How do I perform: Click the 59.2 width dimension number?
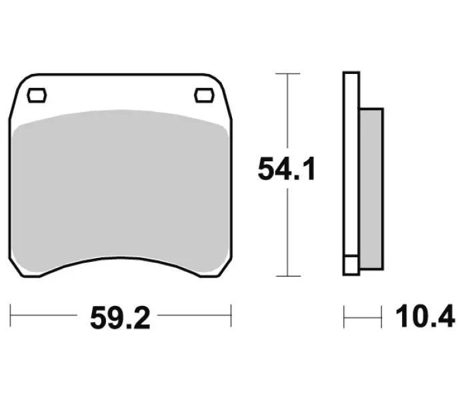point(120,318)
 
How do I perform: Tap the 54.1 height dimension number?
point(287,169)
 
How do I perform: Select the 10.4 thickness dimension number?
point(425,316)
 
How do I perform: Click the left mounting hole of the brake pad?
point(37,95)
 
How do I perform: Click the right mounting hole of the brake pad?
point(204,95)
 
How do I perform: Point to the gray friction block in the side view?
point(372,189)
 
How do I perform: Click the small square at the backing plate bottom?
point(351,265)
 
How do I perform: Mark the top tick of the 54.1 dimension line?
point(287,73)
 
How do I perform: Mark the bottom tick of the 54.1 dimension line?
point(287,276)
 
